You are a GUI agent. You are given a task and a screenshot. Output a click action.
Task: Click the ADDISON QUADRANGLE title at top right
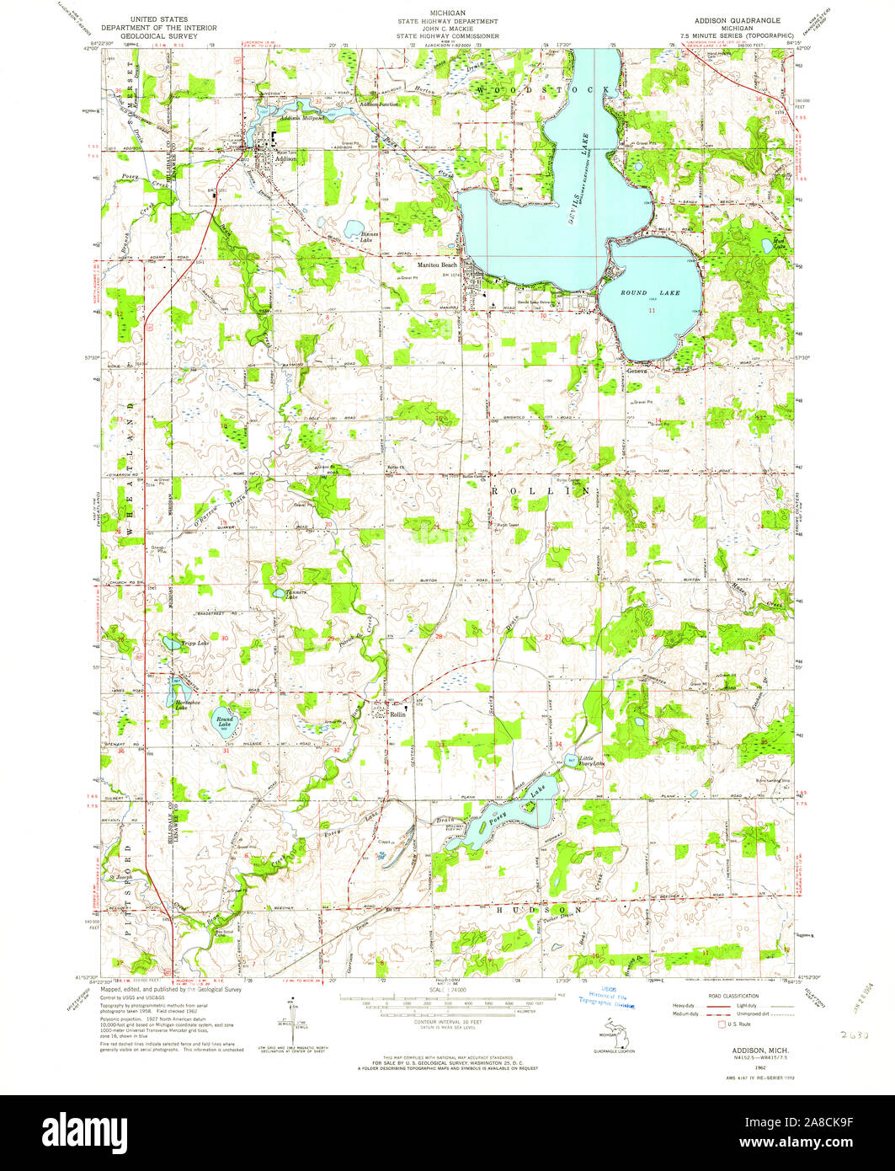click(737, 19)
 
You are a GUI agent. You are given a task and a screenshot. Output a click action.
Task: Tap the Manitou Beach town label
click(418, 265)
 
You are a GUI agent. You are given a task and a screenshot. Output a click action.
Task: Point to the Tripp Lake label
click(194, 644)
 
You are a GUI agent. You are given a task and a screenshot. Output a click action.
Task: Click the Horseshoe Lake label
click(186, 704)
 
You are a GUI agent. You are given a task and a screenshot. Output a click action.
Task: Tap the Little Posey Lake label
click(586, 760)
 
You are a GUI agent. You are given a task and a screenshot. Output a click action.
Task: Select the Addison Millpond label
click(301, 118)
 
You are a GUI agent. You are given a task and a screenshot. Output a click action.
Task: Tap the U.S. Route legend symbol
click(721, 1026)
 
